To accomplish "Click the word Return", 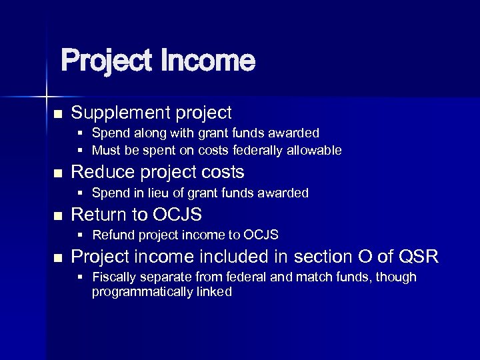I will click(x=99, y=214).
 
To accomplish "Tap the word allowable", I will click(x=314, y=151).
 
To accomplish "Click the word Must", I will click(x=105, y=151).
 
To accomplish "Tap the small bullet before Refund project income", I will click(x=80, y=235).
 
